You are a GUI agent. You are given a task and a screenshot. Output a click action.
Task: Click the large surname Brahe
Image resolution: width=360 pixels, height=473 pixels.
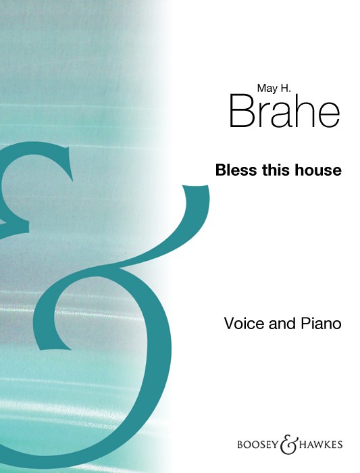[285, 110]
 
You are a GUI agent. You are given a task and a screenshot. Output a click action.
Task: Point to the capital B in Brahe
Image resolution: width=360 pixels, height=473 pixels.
[241, 111]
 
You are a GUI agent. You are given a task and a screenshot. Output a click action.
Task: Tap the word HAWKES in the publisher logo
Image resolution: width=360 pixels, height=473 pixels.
[320, 445]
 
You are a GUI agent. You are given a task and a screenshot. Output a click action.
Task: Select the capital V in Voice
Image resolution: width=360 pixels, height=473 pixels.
[230, 324]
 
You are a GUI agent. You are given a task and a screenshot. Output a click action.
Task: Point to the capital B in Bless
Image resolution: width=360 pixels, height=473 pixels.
[221, 170]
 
